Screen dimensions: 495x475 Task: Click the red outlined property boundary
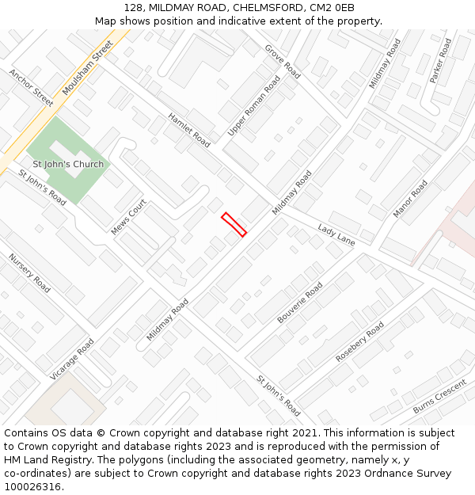234,224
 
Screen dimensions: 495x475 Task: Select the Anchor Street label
32,87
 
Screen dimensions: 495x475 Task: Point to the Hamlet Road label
189,130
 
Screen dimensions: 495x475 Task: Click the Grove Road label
283,61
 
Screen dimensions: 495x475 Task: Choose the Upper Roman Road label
254,106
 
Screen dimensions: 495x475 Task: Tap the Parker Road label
440,60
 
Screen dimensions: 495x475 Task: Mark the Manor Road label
410,199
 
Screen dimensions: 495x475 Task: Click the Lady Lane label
336,234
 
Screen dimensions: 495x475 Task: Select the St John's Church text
68,165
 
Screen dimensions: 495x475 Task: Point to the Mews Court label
129,217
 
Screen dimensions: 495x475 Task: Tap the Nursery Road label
29,273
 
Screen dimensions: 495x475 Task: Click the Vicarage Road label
72,359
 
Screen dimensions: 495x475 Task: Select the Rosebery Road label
359,341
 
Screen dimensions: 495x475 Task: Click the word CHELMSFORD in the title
266,8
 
